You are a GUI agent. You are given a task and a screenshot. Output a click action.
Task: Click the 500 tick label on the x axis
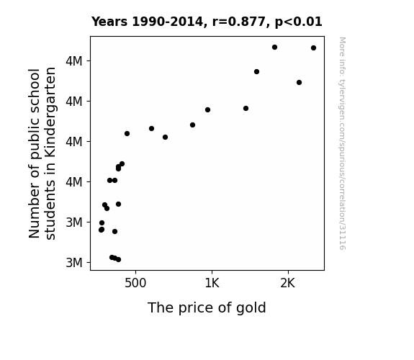135,283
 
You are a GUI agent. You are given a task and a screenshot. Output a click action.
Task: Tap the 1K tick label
212,283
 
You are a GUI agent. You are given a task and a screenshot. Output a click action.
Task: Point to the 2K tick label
287,283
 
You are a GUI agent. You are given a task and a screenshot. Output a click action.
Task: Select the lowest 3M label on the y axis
74,263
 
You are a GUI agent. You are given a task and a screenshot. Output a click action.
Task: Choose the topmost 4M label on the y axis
74,61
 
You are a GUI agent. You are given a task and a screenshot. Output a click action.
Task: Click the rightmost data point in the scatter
313,48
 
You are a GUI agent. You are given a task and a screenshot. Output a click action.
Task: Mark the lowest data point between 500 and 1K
166,137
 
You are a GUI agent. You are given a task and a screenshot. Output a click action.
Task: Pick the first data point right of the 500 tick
151,128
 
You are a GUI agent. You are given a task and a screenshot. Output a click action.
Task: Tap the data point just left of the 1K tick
207,109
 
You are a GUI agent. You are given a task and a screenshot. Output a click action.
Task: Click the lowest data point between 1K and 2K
246,108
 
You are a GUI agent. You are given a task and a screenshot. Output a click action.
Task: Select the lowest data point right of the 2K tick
299,82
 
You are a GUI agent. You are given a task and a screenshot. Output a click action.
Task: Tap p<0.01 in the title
299,22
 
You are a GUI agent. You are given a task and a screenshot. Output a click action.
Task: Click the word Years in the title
109,22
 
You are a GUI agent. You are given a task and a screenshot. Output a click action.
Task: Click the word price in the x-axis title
192,308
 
